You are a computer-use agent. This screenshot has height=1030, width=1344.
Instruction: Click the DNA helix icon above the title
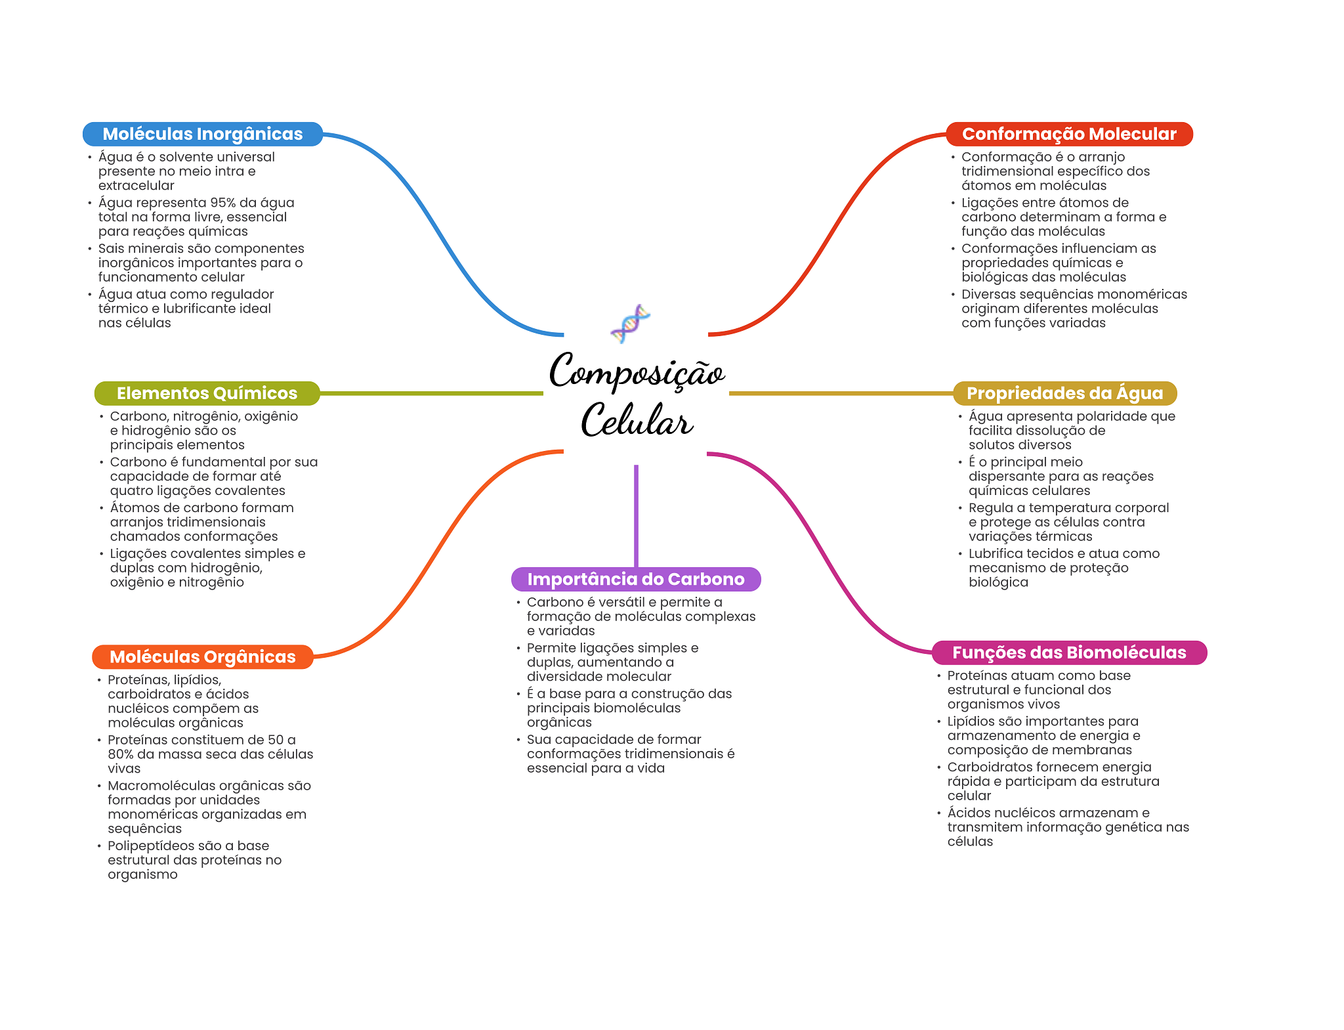(630, 324)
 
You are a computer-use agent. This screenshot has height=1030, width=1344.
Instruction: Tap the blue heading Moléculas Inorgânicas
(203, 134)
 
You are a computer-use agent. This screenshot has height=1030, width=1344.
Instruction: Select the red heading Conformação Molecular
(1069, 134)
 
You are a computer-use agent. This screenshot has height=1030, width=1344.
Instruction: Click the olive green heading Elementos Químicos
(207, 393)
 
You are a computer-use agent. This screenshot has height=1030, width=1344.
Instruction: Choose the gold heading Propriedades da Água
(1064, 393)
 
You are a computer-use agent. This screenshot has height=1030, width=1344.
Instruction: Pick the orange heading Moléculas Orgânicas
(203, 657)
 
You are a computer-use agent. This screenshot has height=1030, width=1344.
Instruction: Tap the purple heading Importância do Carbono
(636, 579)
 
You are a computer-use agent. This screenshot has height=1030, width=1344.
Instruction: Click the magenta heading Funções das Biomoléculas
(1069, 653)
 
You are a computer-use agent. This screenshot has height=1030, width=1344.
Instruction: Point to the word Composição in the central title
(637, 372)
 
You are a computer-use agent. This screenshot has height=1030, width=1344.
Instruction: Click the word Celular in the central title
(637, 419)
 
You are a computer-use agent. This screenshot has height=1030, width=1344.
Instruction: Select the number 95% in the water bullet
(223, 203)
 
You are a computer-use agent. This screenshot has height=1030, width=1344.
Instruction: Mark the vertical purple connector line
(636, 516)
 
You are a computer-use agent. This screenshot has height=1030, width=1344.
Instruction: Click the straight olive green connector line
(432, 393)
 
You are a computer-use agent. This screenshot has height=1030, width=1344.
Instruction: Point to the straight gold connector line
(841, 393)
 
